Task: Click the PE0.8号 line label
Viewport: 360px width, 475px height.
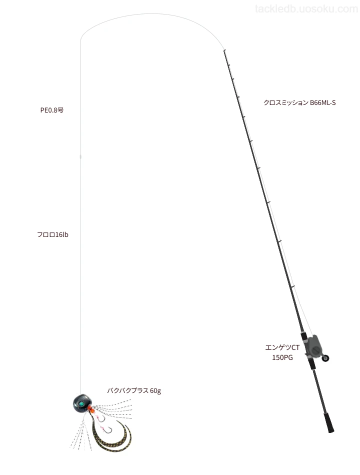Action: pos(52,110)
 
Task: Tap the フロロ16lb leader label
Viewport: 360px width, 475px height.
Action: pos(52,235)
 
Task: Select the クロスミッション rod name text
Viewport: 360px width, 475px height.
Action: pos(286,102)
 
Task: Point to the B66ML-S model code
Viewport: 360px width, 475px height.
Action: pos(322,102)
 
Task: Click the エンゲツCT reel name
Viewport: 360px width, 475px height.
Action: pos(282,347)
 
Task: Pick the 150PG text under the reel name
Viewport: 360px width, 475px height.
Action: pos(282,358)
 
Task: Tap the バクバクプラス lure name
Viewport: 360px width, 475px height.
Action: pos(127,391)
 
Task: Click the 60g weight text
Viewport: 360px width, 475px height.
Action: pos(155,391)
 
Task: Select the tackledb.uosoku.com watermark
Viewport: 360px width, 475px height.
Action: pos(306,9)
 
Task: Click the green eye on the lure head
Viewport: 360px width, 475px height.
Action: pos(81,404)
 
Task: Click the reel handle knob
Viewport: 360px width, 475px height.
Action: pos(326,358)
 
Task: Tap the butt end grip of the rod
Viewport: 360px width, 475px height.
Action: pos(329,423)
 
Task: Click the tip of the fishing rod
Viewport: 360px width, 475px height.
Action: pos(224,50)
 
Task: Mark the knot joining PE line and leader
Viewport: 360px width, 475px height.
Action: pos(80,157)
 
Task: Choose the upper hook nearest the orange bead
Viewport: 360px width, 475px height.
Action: pos(101,418)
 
